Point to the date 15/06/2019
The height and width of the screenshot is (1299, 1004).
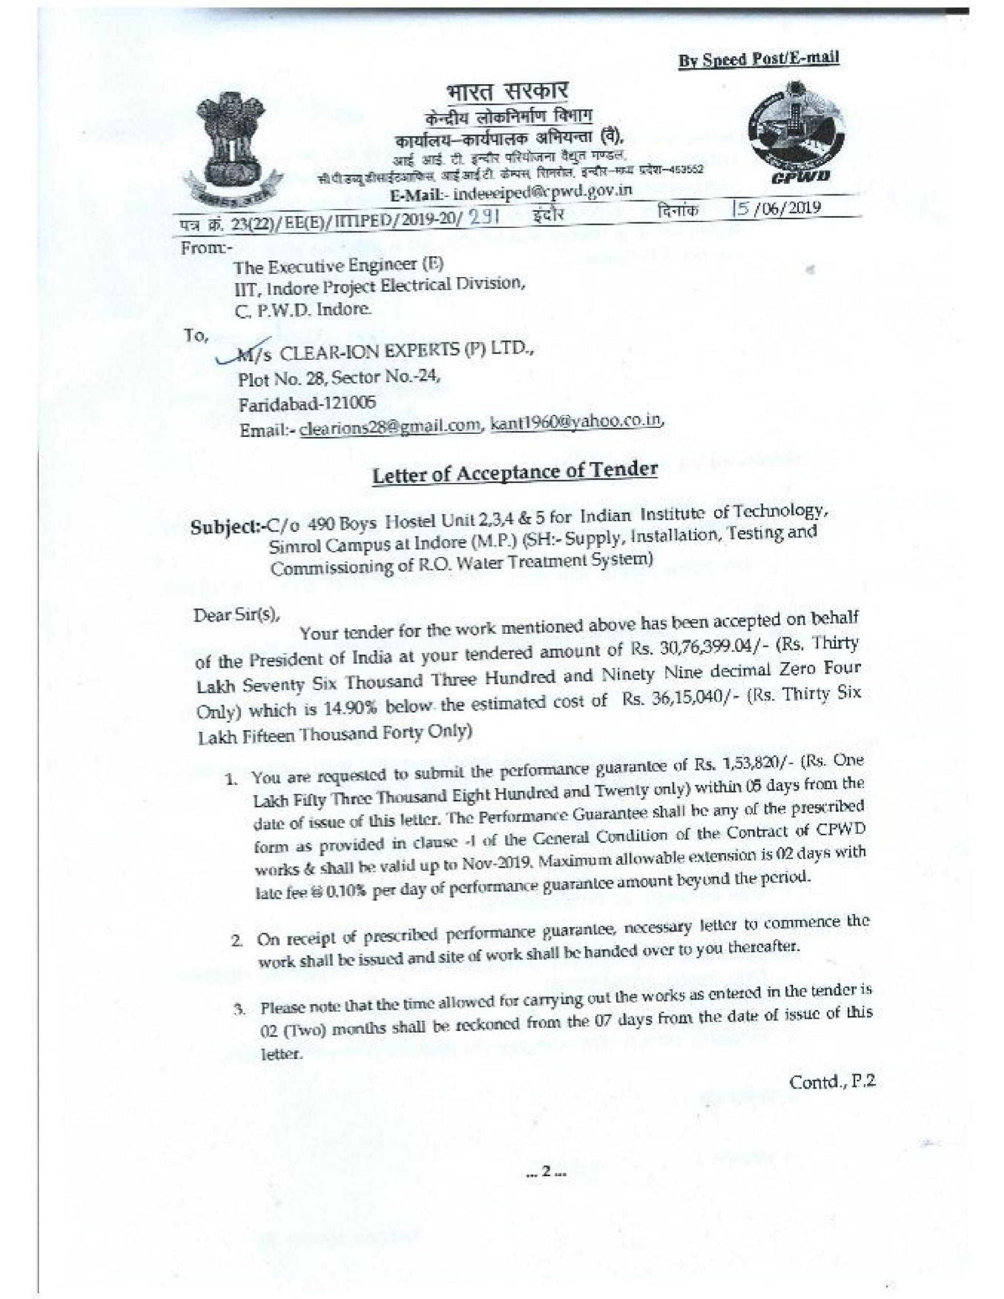coord(777,208)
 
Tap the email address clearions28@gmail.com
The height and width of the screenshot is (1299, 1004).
coord(390,426)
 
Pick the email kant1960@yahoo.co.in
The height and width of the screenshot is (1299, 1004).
coord(574,422)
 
